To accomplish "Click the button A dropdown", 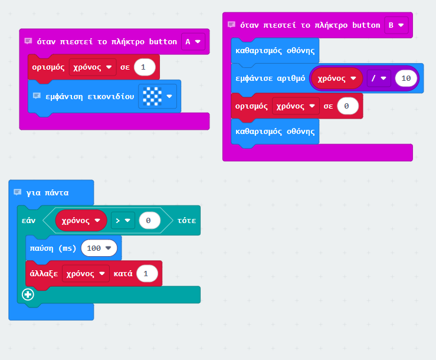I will tap(193, 41).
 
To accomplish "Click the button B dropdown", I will tap(396, 25).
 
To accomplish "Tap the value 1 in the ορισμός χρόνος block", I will tap(145, 67).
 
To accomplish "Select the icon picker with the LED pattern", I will tap(157, 96).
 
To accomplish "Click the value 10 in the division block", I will tap(407, 78).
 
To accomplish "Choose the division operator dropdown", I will tap(378, 78).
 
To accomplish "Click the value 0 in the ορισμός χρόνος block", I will tap(348, 106).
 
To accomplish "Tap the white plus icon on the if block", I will tap(27, 294).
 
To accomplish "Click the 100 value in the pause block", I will tap(99, 248).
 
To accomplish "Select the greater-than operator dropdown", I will tap(123, 220).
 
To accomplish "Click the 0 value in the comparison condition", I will tap(149, 220).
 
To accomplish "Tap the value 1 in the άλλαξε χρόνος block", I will tap(146, 273).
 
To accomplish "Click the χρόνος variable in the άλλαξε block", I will tap(86, 273).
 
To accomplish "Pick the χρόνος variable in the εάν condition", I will tap(81, 220).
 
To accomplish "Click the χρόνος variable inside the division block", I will tap(336, 78).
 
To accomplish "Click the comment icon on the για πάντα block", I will tap(18, 192).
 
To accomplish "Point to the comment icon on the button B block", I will tap(231, 25).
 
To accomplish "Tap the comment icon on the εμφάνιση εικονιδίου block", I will tap(37, 96).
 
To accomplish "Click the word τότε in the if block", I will tap(186, 220).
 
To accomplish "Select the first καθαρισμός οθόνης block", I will tap(275, 51).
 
